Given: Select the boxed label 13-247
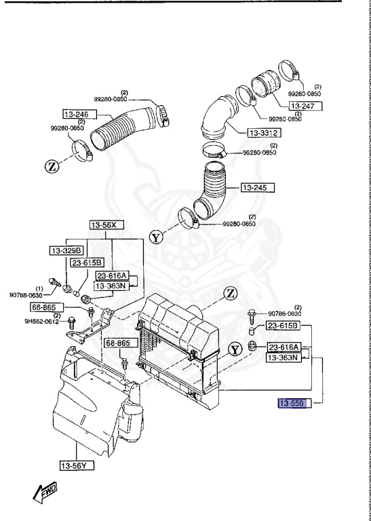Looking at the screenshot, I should [x=305, y=107].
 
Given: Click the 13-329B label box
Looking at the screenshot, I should [x=66, y=250].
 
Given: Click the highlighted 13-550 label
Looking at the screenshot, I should [x=294, y=404].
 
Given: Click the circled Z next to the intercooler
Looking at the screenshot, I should [x=231, y=293].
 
